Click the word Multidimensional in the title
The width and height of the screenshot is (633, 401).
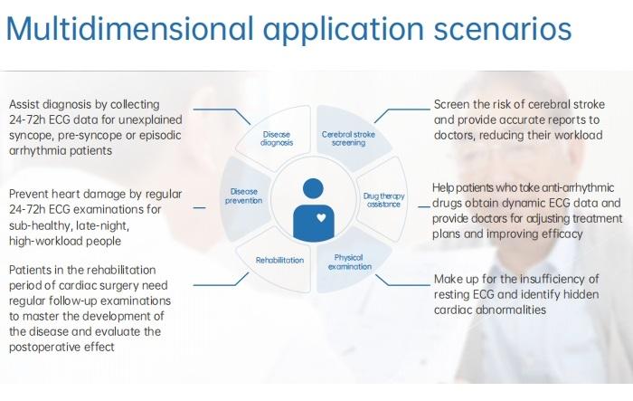[x=130, y=28]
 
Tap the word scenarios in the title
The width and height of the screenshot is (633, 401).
[x=503, y=29]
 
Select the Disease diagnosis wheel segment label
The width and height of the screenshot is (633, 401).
[x=277, y=138]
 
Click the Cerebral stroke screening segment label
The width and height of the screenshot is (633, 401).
[x=348, y=138]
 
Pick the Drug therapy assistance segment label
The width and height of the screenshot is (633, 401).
[x=383, y=200]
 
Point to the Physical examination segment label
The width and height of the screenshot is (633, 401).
[x=349, y=262]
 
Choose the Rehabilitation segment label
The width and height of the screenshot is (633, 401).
[x=279, y=261]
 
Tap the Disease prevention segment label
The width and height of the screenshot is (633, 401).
[x=244, y=196]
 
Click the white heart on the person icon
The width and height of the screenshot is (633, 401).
[x=321, y=218]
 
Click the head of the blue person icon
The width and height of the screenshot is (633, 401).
[x=313, y=189]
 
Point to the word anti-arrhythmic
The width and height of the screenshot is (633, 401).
[x=578, y=188]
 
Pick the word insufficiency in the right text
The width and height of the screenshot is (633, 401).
[x=553, y=280]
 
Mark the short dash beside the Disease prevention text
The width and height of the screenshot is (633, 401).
[x=200, y=208]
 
